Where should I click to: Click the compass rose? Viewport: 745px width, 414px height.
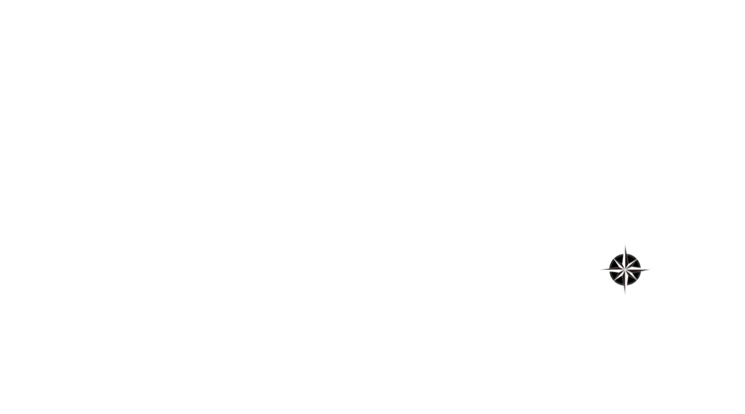625,269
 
